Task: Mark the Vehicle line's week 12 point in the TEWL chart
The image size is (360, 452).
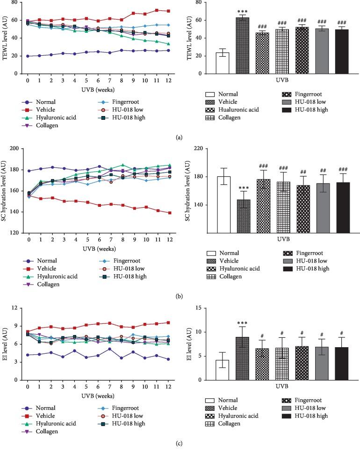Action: point(168,11)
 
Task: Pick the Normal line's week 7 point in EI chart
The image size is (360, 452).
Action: point(109,349)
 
